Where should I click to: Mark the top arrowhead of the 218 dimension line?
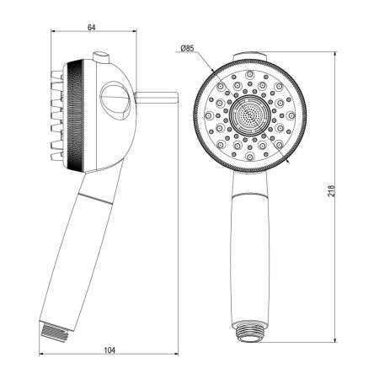click(x=338, y=56)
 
